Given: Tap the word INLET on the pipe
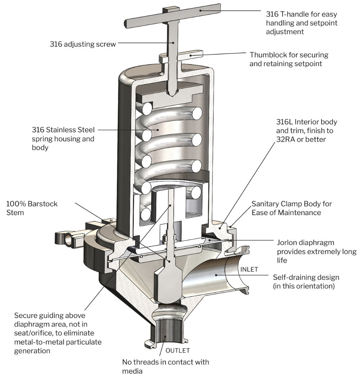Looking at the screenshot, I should [249, 269].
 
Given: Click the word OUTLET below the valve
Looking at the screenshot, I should [177, 350].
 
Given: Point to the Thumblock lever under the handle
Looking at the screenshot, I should [191, 55].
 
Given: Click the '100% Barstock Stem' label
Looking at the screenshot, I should [32, 208].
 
